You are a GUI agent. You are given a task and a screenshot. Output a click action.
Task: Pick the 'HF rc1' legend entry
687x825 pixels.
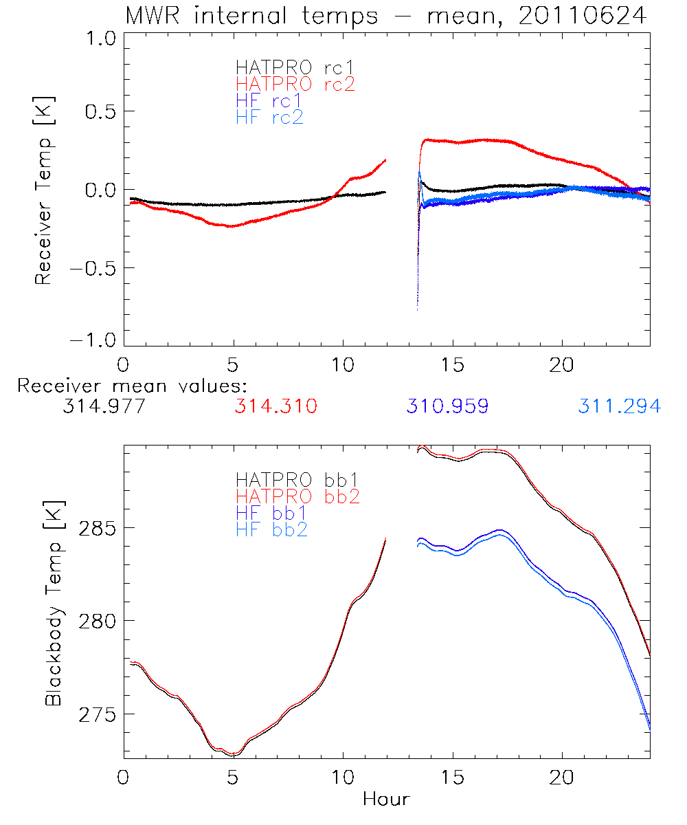tap(269, 100)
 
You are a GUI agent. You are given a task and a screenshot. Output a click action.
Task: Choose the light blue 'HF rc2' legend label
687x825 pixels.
tap(269, 117)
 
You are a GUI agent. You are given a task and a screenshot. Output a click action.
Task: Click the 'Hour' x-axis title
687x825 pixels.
tap(386, 799)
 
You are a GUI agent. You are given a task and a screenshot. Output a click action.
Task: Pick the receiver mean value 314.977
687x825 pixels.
tap(104, 406)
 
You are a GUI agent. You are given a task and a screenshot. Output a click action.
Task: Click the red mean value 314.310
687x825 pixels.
tap(275, 406)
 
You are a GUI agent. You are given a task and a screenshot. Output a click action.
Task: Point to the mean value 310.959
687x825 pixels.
tap(447, 406)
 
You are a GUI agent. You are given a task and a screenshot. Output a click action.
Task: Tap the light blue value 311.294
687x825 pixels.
tap(619, 406)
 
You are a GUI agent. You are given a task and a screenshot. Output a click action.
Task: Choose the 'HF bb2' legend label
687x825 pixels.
tap(271, 529)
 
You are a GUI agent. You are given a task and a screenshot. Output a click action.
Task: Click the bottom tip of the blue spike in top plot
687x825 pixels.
tap(418, 310)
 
